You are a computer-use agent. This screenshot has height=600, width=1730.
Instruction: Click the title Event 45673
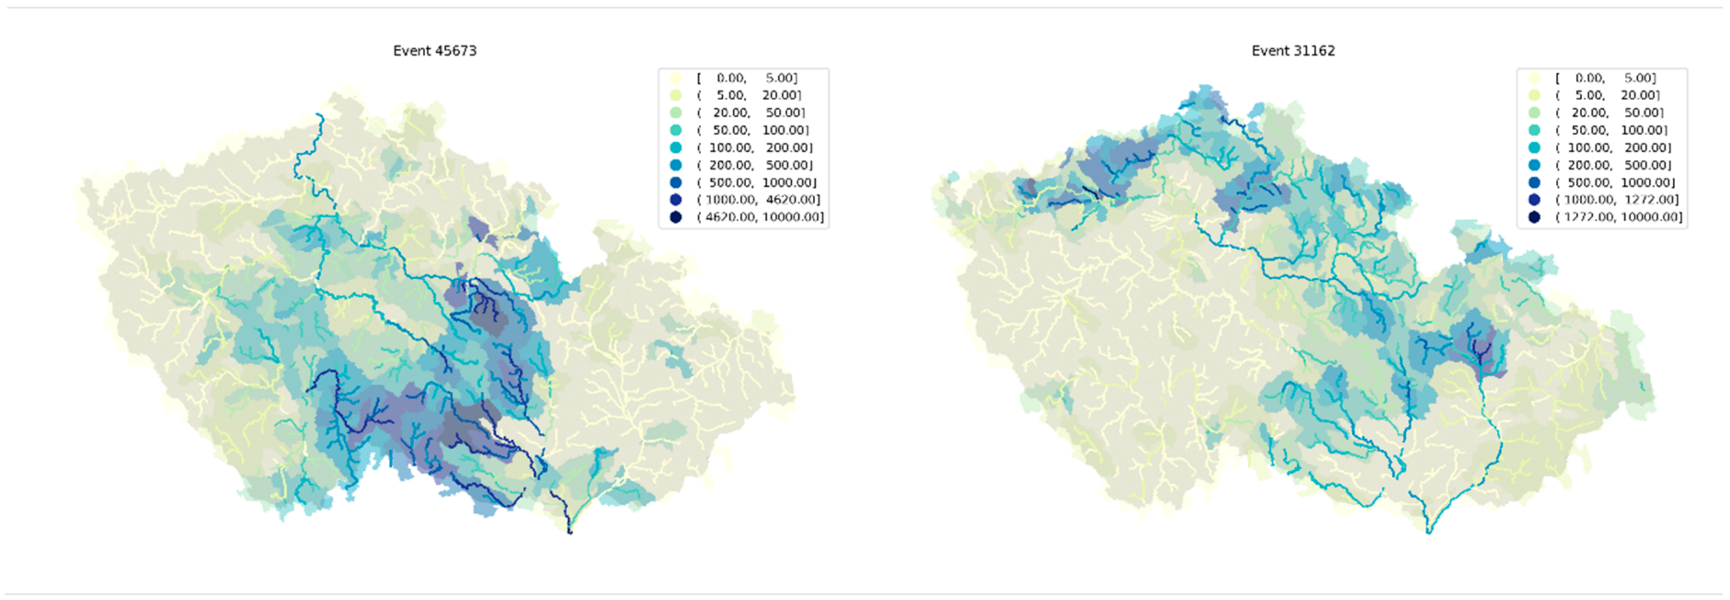435,51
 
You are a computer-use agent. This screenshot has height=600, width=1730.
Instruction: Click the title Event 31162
1293,51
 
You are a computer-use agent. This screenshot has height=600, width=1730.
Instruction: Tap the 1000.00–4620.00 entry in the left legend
759,199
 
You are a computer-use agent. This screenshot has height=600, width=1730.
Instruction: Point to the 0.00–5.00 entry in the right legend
1605,78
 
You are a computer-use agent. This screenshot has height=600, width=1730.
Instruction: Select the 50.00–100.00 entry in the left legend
752,130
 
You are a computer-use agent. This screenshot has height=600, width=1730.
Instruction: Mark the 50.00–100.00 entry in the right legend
1610,130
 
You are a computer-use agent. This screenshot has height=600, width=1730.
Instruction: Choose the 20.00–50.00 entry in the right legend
1609,113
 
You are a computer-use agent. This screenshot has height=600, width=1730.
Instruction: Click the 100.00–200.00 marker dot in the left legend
676,147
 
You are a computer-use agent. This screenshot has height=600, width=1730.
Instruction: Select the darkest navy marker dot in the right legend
1534,217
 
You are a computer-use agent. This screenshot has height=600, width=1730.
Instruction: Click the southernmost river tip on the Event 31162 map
1428,532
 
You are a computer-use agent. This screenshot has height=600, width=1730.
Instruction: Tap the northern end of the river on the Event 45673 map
318,115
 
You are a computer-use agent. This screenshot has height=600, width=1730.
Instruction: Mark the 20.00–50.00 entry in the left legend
751,113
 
